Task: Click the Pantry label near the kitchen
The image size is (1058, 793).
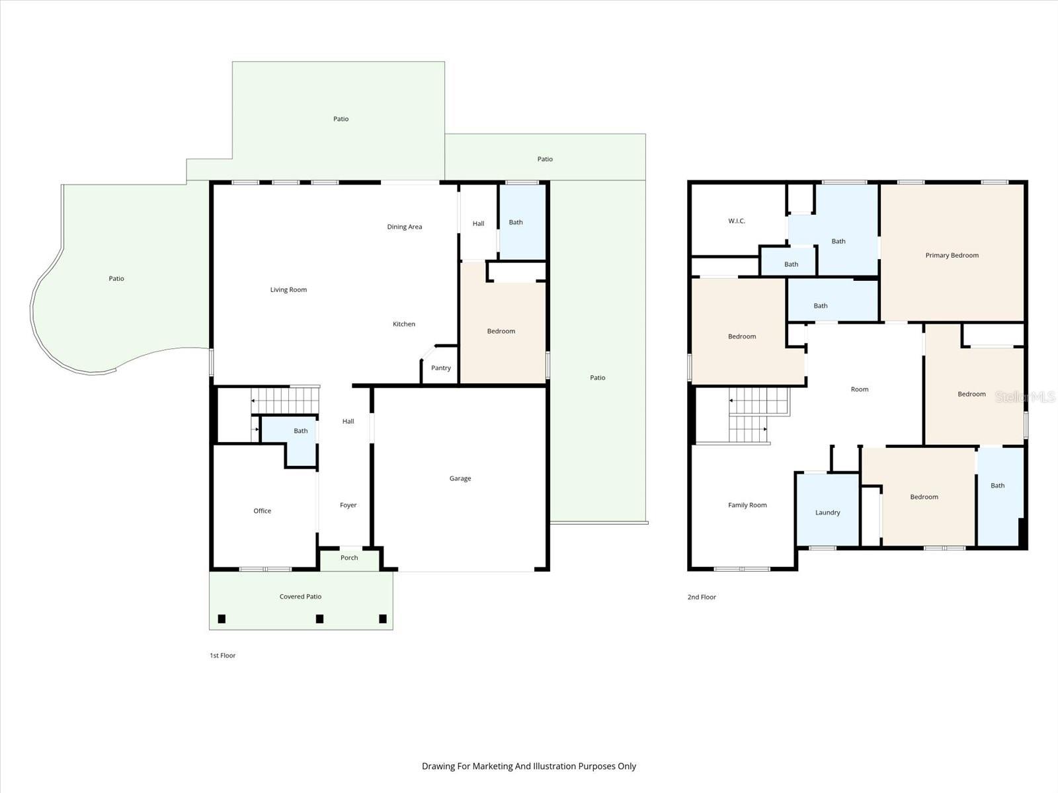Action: click(441, 368)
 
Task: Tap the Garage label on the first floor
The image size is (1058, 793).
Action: click(460, 478)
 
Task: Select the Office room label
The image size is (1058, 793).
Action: click(263, 511)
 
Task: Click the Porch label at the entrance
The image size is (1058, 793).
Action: click(349, 558)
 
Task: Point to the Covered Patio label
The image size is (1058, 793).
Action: click(300, 597)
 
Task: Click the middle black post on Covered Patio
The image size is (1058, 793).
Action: click(319, 619)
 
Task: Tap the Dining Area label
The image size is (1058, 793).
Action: click(405, 227)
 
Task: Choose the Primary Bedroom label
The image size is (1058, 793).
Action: click(952, 255)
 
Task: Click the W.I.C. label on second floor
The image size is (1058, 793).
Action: click(737, 221)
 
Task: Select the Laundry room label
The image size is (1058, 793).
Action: click(827, 513)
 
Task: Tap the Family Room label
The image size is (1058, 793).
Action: click(747, 506)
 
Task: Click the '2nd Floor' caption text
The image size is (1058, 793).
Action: click(702, 597)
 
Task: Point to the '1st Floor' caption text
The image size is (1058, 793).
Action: click(223, 656)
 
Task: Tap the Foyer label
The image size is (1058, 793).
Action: click(348, 506)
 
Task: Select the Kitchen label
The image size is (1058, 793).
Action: click(404, 324)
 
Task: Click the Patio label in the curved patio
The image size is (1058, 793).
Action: click(116, 279)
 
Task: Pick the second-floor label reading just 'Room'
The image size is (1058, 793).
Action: click(860, 390)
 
